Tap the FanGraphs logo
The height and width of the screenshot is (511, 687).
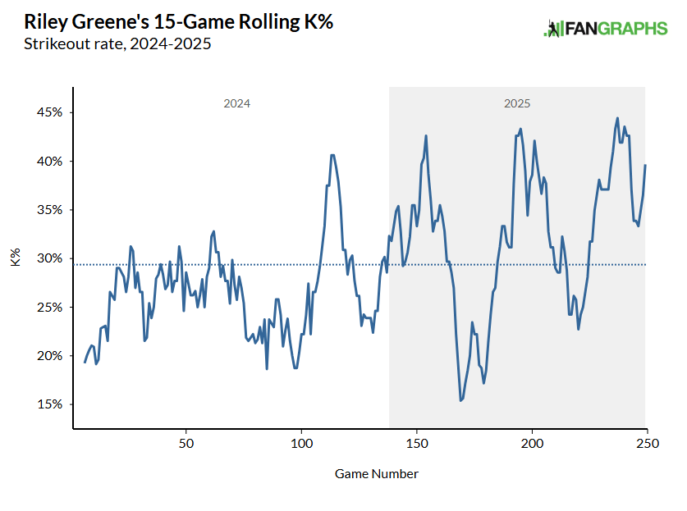(x=606, y=29)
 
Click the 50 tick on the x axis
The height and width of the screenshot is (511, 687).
(x=186, y=444)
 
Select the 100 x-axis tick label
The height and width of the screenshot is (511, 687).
(x=302, y=444)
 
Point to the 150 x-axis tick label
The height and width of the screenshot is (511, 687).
(x=417, y=444)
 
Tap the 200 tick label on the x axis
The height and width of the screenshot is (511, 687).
(x=533, y=444)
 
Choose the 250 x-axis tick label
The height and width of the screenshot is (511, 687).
(x=647, y=444)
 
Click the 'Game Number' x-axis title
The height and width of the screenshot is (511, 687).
(x=377, y=474)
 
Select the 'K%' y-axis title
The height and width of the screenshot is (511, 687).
(x=16, y=258)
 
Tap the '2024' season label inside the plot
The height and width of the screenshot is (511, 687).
(x=236, y=104)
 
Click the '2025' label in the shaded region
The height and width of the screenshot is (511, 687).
(x=517, y=104)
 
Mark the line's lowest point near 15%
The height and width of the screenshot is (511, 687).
(x=461, y=400)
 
